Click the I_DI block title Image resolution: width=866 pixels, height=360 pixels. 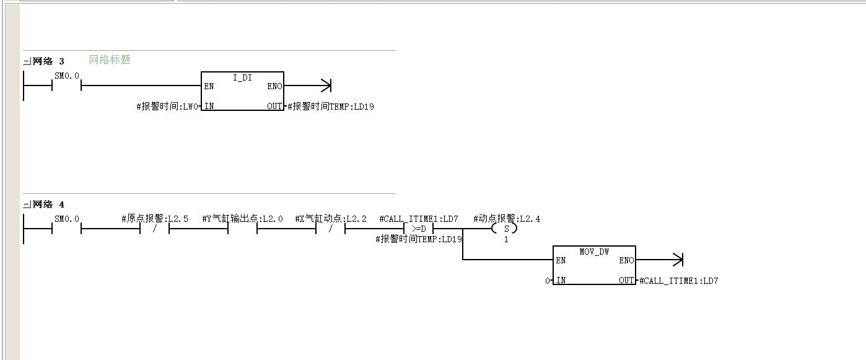pos(242,77)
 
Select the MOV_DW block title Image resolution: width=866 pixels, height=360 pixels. pos(594,252)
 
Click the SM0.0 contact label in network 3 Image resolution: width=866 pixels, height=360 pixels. pos(67,76)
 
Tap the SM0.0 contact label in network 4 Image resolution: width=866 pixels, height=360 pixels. pos(67,219)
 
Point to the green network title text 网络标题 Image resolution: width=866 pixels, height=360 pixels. pos(110,59)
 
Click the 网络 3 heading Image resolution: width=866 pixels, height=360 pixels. pos(48,61)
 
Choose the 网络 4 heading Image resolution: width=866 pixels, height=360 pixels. pos(48,204)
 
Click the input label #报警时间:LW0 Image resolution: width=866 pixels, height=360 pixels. pos(167,107)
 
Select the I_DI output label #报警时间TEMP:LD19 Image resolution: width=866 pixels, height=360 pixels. pos(331,107)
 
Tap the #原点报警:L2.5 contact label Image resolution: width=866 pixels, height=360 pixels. pos(155,219)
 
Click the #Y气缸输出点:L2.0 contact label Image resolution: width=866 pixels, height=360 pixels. pos(242,219)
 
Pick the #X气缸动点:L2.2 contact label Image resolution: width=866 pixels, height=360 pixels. pos(331,219)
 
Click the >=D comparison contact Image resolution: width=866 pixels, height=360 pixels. pos(419,229)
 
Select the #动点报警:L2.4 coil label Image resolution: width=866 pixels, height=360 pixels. pos(507,219)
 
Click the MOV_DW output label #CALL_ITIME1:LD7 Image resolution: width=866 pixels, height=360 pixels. pos(679,281)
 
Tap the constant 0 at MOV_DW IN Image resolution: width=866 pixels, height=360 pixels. pos(548,281)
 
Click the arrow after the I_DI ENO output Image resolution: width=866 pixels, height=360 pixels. pos(308,86)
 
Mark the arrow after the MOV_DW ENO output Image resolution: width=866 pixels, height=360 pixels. pos(660,260)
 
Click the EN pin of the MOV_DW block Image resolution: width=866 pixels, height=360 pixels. pos(561,260)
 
